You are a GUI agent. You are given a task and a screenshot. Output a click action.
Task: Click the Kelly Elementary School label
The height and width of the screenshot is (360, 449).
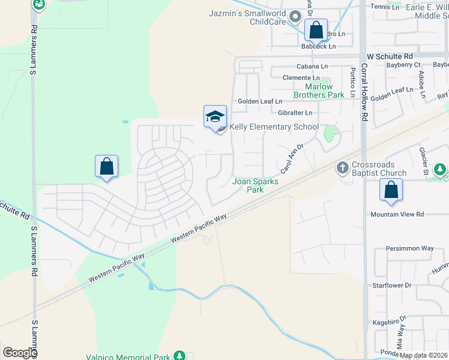[274, 127]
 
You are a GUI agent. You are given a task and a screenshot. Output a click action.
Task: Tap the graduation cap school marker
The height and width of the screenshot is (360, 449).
[215, 116]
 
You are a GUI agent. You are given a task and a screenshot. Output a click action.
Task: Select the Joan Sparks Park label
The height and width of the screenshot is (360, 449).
[255, 185]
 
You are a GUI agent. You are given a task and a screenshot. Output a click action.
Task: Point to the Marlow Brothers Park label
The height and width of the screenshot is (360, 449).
[319, 91]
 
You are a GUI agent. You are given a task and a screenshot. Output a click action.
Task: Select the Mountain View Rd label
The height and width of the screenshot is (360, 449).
[397, 214]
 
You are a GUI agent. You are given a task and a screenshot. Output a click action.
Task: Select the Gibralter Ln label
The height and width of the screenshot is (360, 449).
[295, 112]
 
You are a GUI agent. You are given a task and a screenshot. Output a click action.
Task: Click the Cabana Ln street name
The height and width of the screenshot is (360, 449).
[312, 66]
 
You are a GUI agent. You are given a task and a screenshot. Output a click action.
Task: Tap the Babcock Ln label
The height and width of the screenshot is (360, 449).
[319, 46]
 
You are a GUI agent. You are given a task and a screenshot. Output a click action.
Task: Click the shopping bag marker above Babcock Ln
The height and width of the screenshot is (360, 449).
[316, 30]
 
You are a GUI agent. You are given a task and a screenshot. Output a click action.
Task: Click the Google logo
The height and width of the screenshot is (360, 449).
[19, 353]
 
